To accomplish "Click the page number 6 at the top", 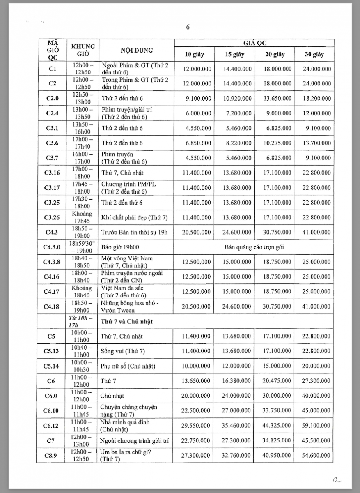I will click(188, 28).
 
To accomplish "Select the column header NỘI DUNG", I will click(137, 51).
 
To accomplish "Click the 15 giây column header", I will click(234, 55).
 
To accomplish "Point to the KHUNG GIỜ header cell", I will click(83, 50).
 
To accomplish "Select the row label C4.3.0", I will click(52, 247).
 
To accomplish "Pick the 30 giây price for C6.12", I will click(314, 426).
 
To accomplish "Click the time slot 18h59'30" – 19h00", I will click(83, 247).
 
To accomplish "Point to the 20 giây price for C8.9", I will click(274, 455).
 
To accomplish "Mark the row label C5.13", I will click(52, 351).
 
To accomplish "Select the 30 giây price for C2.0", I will click(314, 99).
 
